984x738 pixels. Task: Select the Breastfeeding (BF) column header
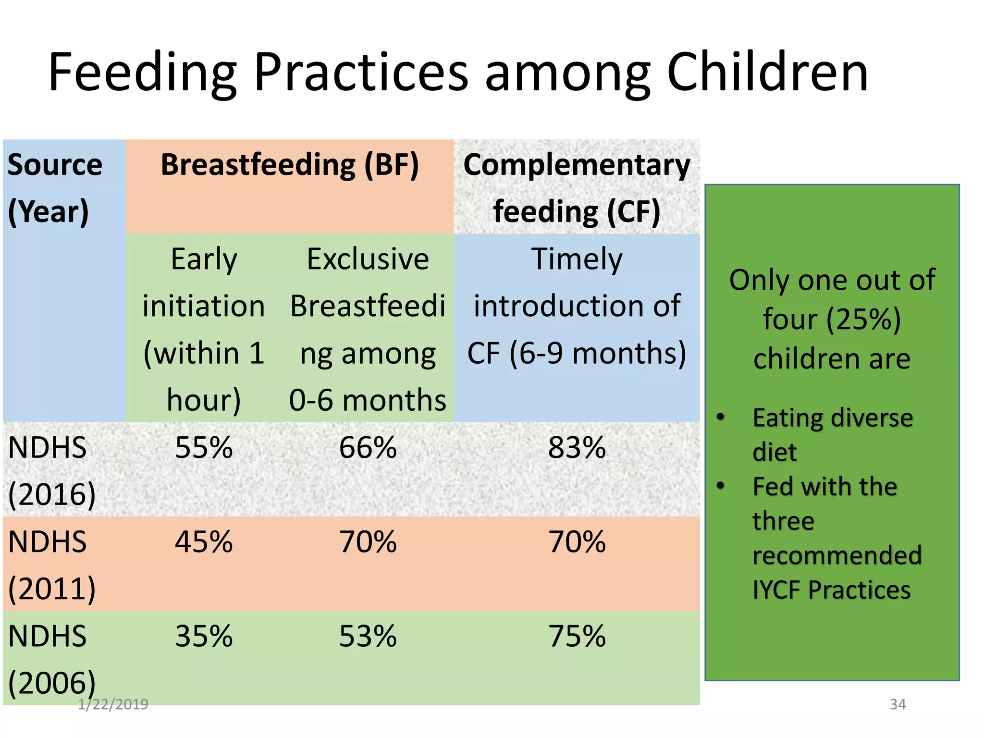tap(290, 165)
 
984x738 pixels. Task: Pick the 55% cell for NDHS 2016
tap(204, 448)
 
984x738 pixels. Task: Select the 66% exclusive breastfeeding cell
tap(368, 448)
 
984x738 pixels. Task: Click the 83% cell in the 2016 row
tap(577, 448)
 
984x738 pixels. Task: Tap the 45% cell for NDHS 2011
tap(204, 542)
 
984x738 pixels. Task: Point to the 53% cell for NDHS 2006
tap(368, 636)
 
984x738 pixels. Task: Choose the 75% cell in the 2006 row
tap(577, 636)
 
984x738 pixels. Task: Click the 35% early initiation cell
tap(204, 636)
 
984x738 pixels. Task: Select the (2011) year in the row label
tap(52, 589)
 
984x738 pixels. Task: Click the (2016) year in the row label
tap(52, 495)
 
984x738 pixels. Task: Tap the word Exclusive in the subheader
tap(368, 259)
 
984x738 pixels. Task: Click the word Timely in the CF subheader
tap(577, 259)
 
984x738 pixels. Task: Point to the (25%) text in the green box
tap(863, 320)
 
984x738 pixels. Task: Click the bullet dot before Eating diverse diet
tap(720, 417)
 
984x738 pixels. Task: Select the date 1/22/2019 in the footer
tap(113, 704)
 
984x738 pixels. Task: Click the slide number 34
tap(898, 704)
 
